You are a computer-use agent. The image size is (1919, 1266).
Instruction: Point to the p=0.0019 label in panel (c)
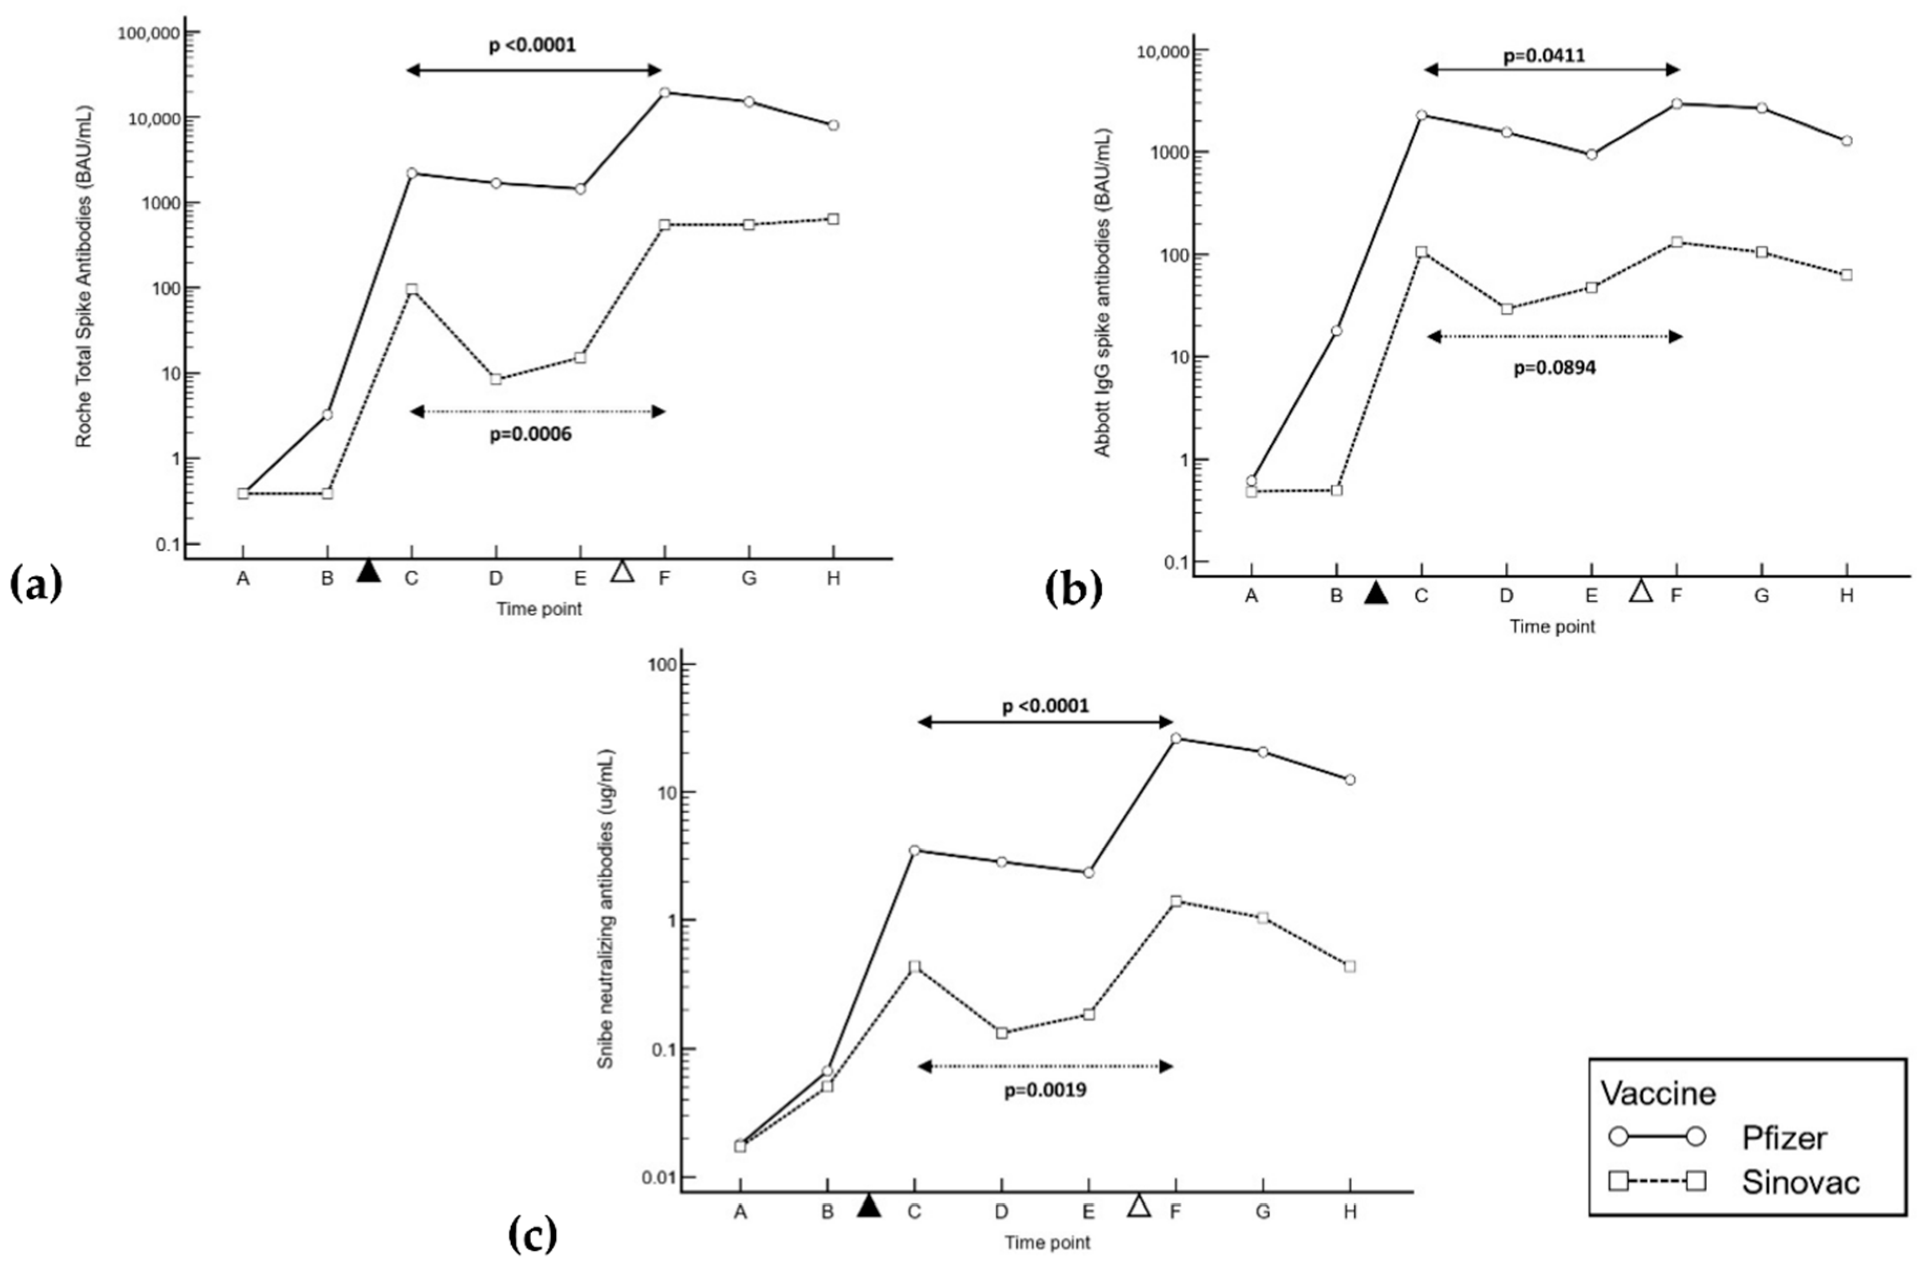1045,1090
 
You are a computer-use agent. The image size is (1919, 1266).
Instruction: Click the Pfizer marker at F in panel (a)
665,92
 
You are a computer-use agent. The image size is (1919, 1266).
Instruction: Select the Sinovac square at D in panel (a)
496,379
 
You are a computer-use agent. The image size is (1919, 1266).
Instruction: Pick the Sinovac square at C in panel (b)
1421,252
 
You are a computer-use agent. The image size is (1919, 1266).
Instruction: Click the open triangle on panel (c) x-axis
1139,1206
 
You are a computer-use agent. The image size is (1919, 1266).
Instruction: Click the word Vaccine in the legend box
1658,1093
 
